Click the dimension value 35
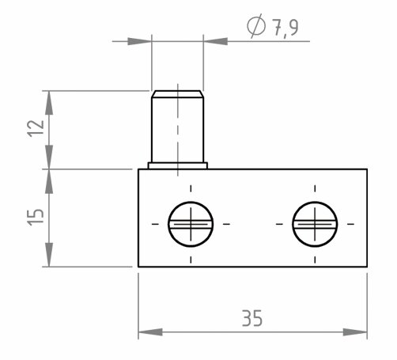(252, 318)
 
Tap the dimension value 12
(36, 128)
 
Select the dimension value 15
(36, 217)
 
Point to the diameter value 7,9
(285, 27)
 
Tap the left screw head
(191, 224)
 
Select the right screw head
(315, 224)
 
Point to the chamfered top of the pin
(178, 94)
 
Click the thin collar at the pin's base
(178, 165)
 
